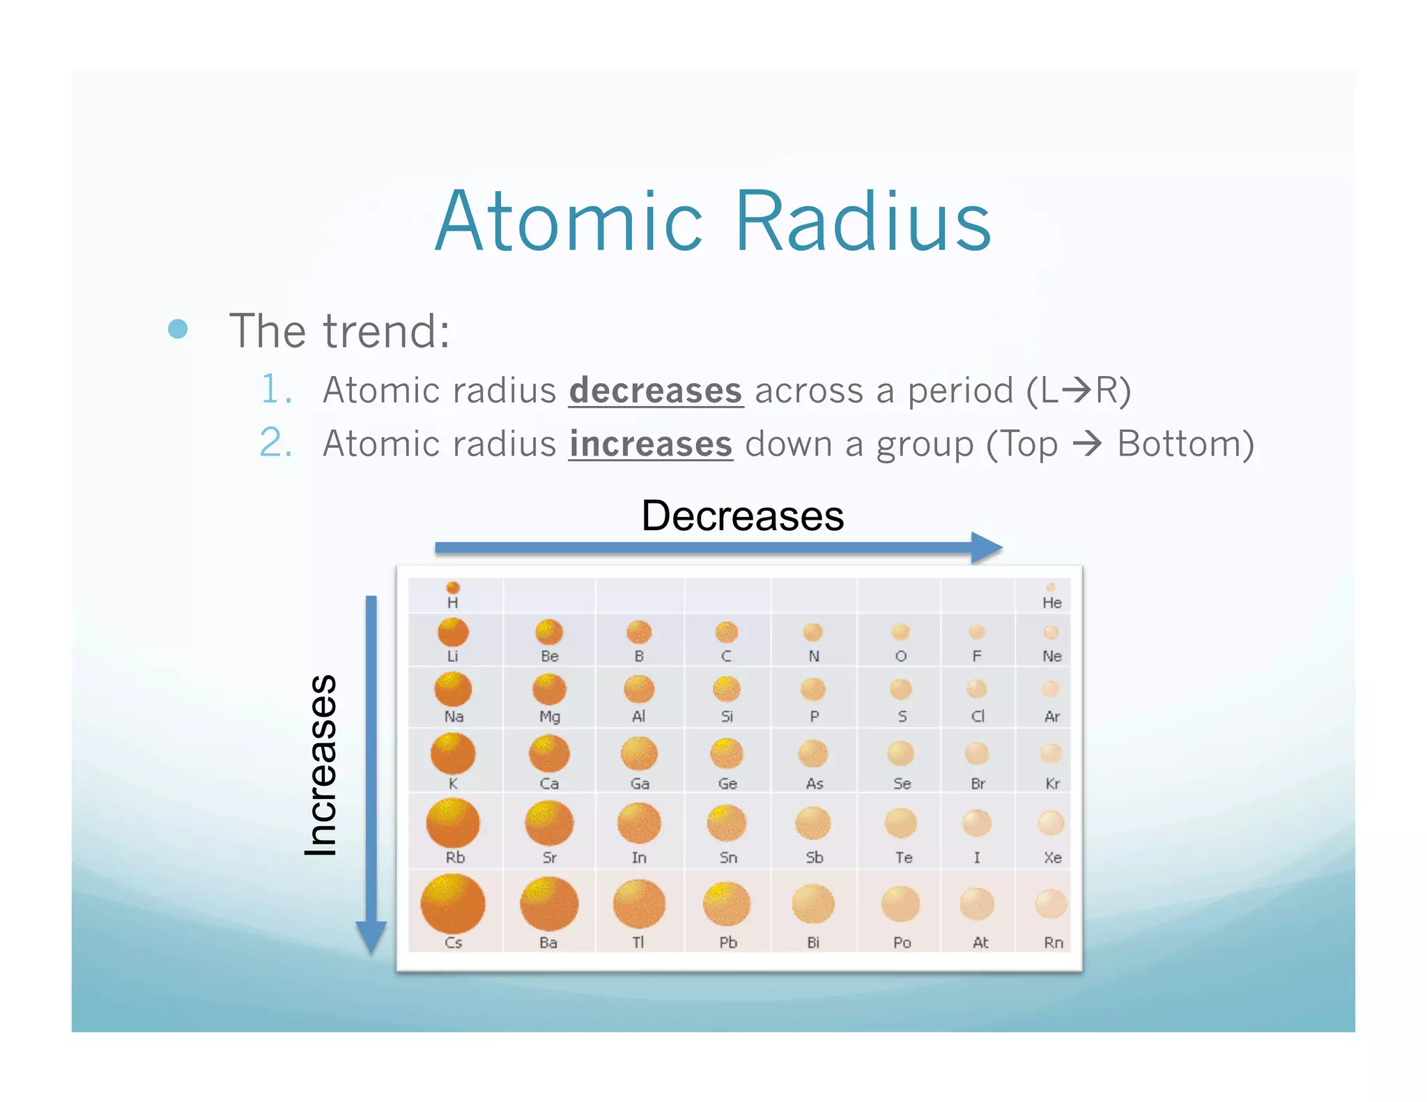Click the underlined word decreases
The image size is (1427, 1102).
[656, 391]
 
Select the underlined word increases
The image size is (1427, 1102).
[650, 444]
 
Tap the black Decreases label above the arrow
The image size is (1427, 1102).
[742, 516]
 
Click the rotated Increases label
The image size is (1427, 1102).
[321, 765]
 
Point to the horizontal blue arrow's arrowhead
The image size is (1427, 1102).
[987, 548]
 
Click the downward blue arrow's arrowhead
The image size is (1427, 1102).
[371, 936]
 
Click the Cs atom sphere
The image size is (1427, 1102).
[453, 904]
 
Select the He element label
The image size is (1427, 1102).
[1051, 603]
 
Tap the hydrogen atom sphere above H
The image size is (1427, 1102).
[453, 587]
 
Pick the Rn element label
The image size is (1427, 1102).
[1053, 942]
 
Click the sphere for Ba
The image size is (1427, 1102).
[549, 904]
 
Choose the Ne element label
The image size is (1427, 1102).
[1051, 656]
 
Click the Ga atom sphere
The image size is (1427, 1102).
[639, 754]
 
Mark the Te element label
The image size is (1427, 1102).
[903, 857]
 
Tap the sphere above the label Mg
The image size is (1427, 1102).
[549, 690]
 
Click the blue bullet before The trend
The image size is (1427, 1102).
[178, 329]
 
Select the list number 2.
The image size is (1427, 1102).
[275, 443]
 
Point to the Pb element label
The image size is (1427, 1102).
[727, 942]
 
